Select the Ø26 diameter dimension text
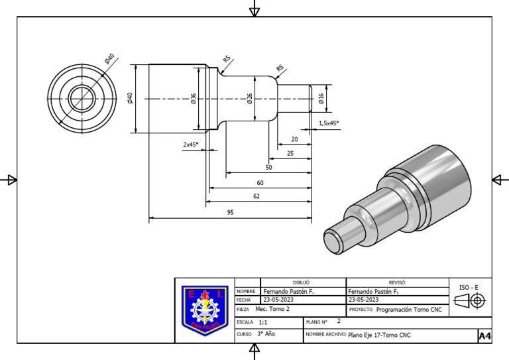tap(249, 98)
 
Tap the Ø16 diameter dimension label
tap(321, 98)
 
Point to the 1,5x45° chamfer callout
tap(329, 123)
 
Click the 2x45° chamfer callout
tap(191, 144)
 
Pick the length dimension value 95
tap(230, 213)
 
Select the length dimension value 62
tap(256, 196)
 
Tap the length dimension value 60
tap(260, 182)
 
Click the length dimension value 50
tap(268, 168)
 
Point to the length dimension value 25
tap(290, 153)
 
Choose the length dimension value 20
tap(294, 139)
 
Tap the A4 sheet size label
tap(484, 336)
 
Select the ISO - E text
tap(469, 287)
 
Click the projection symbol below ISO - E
tap(470, 301)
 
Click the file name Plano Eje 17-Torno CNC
tap(379, 335)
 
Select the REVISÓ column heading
tap(397, 282)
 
